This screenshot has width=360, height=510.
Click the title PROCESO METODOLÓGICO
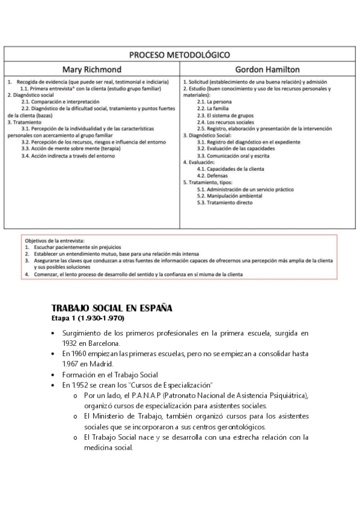point(179,55)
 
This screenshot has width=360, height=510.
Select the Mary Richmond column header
point(92,69)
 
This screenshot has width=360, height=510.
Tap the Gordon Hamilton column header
point(267,69)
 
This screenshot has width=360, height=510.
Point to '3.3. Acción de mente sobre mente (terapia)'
point(72,149)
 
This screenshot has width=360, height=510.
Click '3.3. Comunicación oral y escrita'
point(233,155)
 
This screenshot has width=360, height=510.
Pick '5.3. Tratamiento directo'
point(225,202)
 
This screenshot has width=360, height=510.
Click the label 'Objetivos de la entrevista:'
point(55,241)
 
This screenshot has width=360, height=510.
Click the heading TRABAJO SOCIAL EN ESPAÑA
point(112,308)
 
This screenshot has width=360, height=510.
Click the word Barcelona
point(103,343)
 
